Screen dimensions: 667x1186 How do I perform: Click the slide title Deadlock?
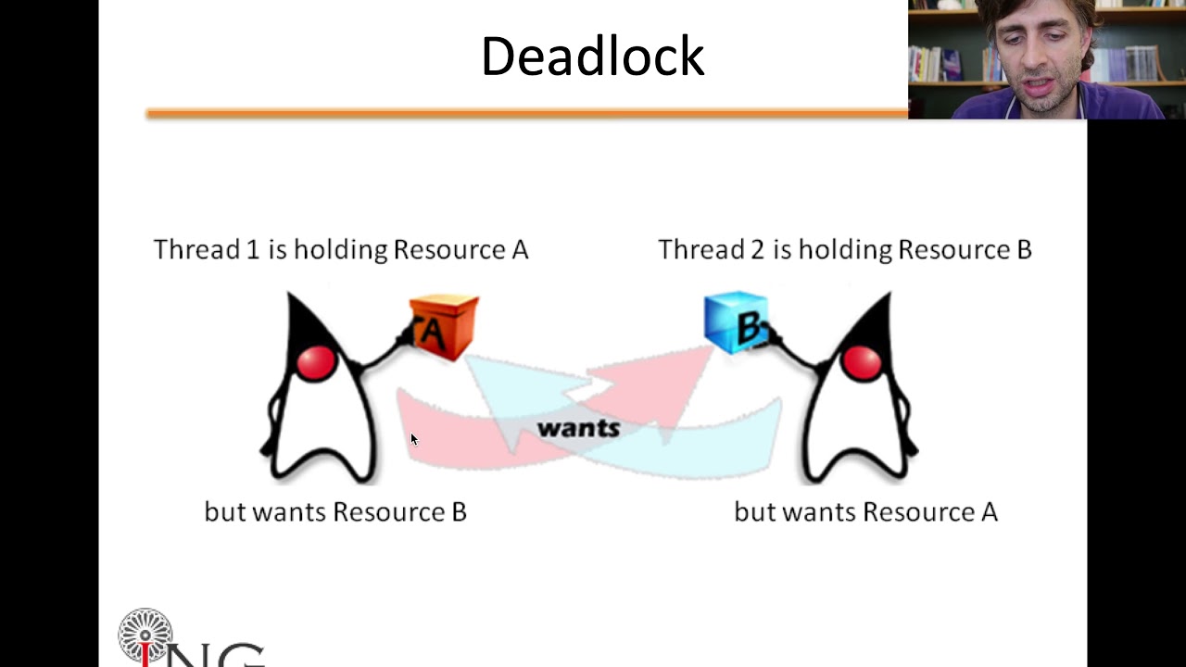click(592, 57)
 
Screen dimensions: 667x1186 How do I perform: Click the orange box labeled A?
click(443, 326)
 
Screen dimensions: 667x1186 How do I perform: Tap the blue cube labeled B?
click(736, 322)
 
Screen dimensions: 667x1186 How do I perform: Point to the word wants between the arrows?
click(578, 428)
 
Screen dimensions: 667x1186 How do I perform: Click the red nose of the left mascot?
click(317, 362)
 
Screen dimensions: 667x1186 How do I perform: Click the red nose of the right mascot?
click(862, 362)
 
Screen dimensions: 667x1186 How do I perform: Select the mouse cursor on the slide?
click(413, 440)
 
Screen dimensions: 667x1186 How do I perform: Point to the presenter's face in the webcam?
click(1036, 60)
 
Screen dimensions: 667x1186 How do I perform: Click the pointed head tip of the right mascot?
click(888, 296)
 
